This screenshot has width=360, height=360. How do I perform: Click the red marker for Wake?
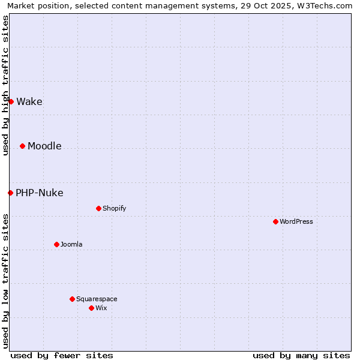[11, 101]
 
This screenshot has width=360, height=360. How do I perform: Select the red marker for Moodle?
[22, 146]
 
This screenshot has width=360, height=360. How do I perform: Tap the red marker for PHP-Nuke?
[10, 193]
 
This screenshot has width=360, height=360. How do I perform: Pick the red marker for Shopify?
[98, 208]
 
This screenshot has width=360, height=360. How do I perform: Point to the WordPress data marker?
[275, 221]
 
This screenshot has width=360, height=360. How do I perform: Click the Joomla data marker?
[56, 244]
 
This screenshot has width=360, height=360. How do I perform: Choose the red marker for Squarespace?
[72, 299]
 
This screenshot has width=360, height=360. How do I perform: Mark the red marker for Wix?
[91, 308]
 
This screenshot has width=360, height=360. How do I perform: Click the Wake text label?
[29, 102]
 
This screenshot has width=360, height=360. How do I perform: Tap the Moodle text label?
[44, 146]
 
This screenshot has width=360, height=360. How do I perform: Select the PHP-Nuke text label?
[40, 193]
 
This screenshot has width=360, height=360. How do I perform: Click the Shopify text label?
[115, 209]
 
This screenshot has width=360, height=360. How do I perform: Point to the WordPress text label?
[296, 222]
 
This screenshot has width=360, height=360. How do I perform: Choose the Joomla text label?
[71, 245]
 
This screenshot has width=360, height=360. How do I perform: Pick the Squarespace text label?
[97, 299]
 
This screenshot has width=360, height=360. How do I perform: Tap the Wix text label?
[101, 308]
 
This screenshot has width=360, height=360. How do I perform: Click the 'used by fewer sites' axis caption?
[62, 355]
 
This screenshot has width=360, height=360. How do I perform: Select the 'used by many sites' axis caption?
[301, 355]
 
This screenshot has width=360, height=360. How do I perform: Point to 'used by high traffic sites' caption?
[6, 85]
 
